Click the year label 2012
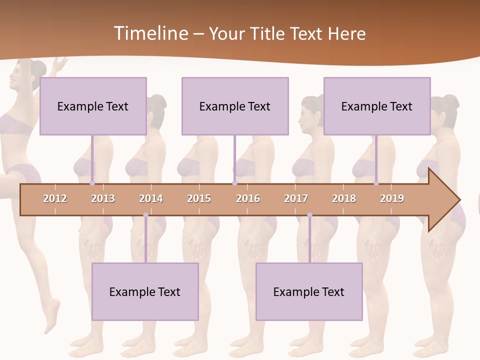[55, 198]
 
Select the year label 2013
[103, 198]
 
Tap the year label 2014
[151, 198]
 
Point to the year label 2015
[199, 198]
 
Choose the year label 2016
[248, 198]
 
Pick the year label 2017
[296, 198]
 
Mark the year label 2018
[344, 198]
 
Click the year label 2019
[392, 198]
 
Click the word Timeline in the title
[150, 33]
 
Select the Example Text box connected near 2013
[93, 106]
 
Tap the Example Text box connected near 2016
[235, 106]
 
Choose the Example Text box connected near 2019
[377, 106]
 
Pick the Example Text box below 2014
[145, 291]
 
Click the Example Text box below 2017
[309, 291]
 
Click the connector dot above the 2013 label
[92, 183]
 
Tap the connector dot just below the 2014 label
[145, 215]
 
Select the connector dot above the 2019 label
[376, 183]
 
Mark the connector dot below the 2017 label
[309, 215]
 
